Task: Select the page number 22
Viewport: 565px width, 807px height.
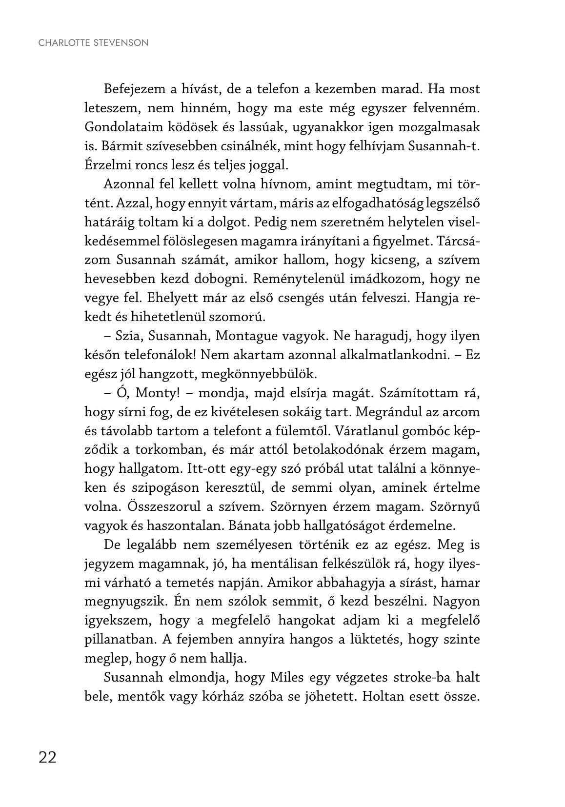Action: coord(47,757)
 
